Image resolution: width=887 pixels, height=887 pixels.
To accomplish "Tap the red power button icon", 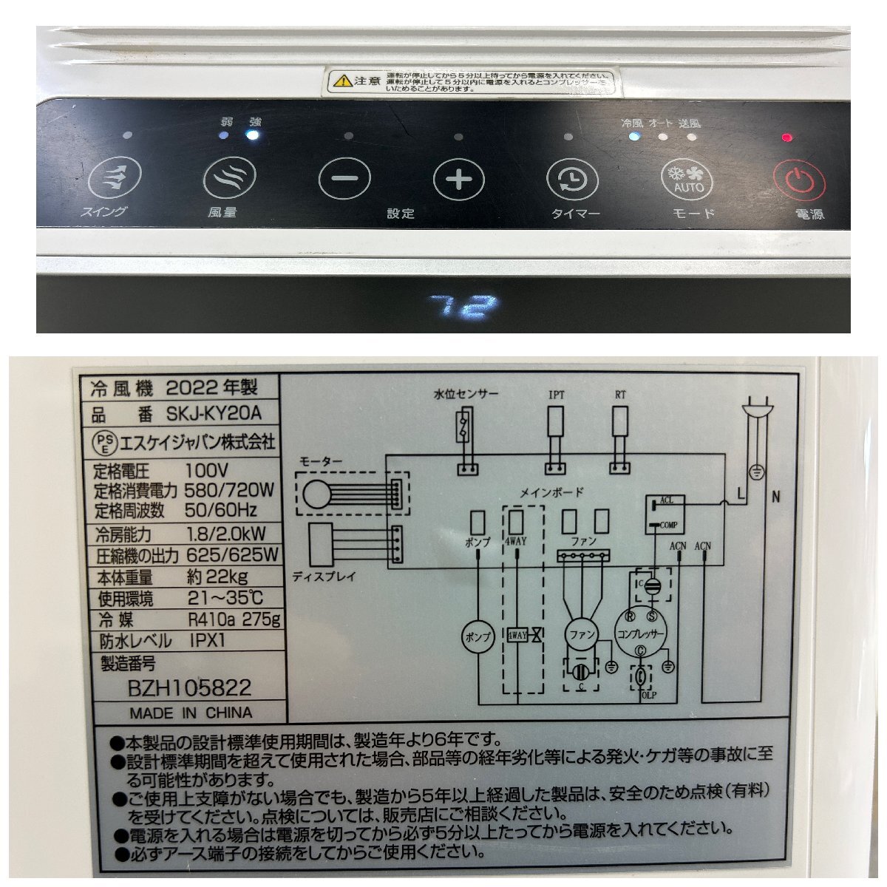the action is click(795, 180).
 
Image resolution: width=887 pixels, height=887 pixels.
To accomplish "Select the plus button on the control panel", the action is click(458, 180).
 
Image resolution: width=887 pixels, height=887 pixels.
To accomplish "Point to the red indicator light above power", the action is click(787, 137).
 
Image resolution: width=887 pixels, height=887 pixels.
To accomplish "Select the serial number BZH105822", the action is click(189, 688).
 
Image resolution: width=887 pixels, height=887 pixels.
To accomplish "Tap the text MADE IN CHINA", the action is click(191, 713).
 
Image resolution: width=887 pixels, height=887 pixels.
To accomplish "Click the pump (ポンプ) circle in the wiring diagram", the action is click(477, 636).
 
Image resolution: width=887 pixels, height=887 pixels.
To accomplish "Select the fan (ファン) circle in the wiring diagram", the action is click(580, 634).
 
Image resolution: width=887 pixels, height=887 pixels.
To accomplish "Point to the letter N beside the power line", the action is click(775, 497).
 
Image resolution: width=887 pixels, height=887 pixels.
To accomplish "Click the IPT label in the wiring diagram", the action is click(556, 395).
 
